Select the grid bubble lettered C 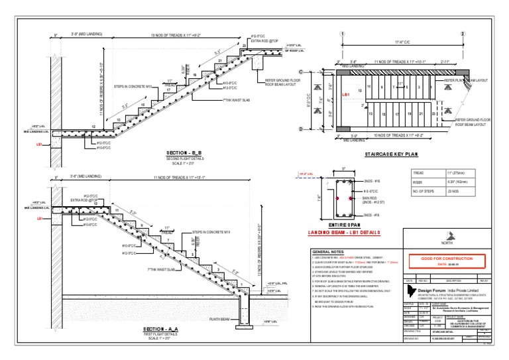click(301, 72)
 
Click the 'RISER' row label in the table click(418, 182)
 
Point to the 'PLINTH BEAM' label click(219, 319)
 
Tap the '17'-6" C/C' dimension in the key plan click(402, 42)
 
